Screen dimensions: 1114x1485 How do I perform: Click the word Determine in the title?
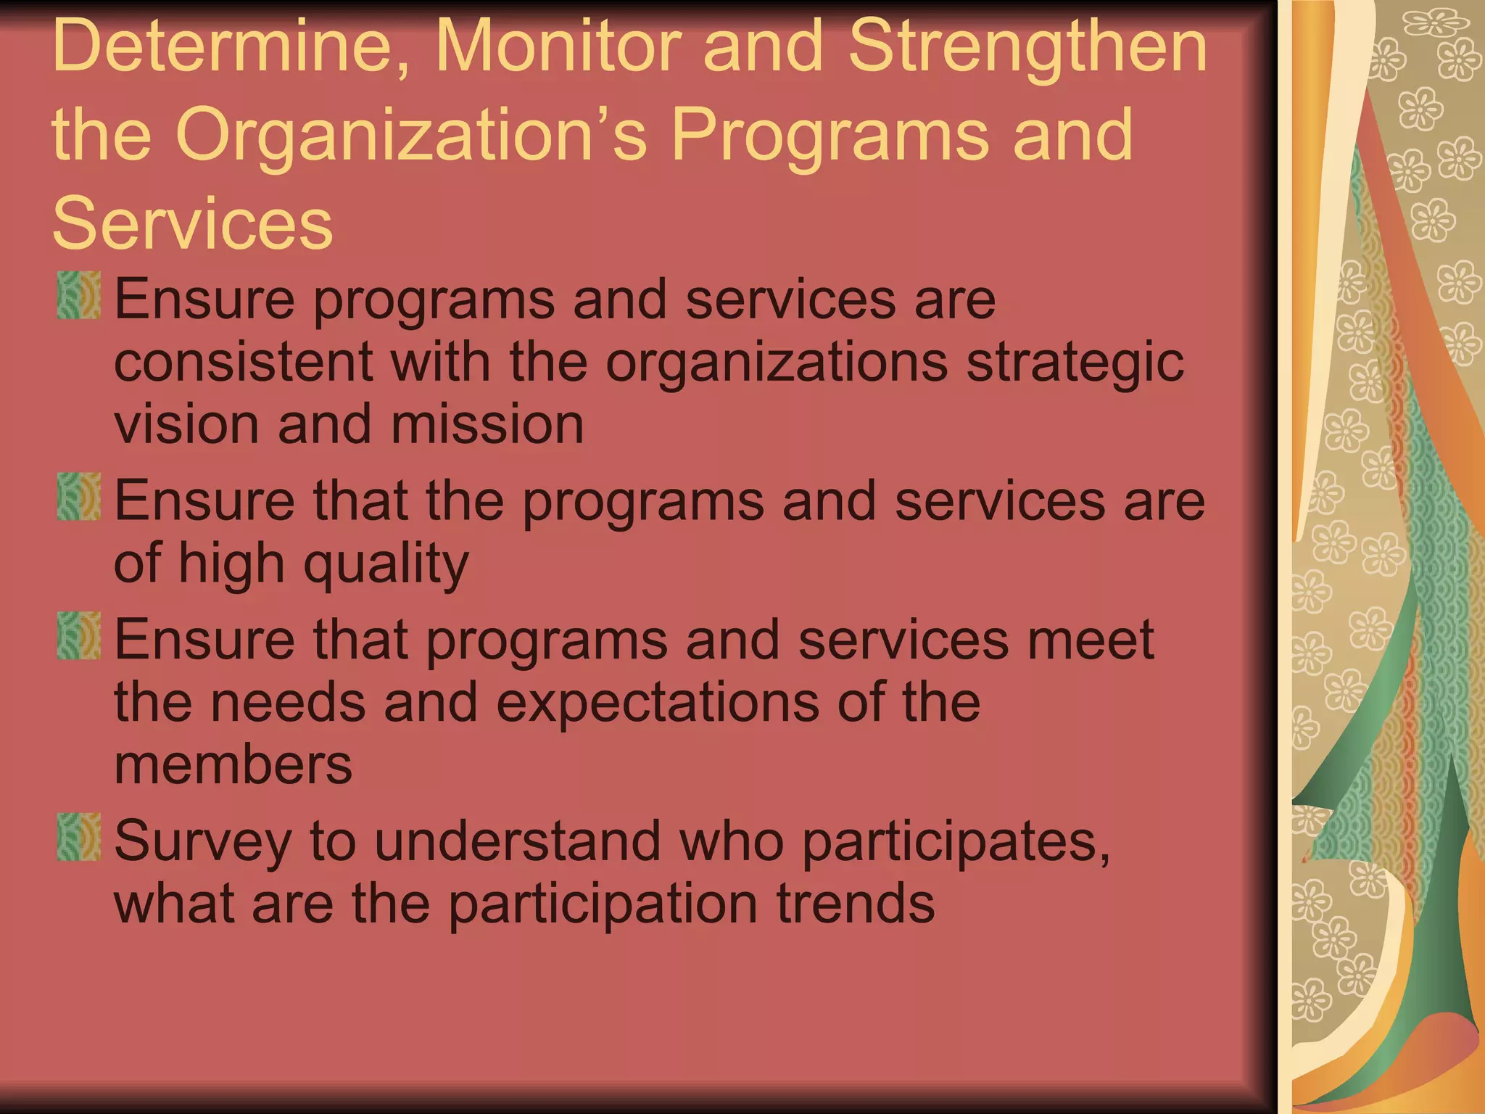point(222,48)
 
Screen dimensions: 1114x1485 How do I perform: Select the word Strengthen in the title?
point(1027,48)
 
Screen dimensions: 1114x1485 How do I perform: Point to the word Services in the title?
point(192,223)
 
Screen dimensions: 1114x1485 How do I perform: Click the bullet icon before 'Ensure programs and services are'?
point(79,295)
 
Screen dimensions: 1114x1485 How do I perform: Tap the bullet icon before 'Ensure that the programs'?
point(79,497)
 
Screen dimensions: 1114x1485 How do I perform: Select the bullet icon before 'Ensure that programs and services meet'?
point(79,636)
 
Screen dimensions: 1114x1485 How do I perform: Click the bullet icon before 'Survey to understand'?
point(79,837)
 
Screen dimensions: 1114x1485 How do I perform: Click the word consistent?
point(244,362)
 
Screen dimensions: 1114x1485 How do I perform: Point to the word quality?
point(386,565)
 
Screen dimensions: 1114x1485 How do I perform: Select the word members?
point(233,765)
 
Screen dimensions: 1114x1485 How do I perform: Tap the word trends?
point(856,904)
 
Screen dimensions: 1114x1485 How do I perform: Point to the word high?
point(231,565)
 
